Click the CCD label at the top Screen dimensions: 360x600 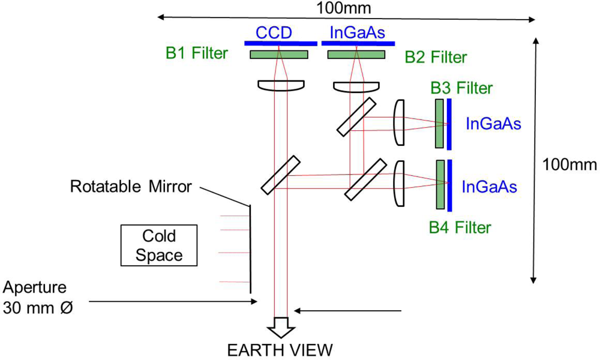274,33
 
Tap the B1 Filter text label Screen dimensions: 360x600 197,53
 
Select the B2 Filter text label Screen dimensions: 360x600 436,58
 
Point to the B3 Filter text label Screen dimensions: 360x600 462,89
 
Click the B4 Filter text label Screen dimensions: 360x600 460,227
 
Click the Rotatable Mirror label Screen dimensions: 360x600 131,186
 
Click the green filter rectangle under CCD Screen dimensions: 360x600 278,55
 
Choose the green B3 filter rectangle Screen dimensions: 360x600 439,123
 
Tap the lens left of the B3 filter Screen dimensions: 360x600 400,122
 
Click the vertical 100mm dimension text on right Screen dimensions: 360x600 570,164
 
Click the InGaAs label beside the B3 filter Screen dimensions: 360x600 493,125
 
